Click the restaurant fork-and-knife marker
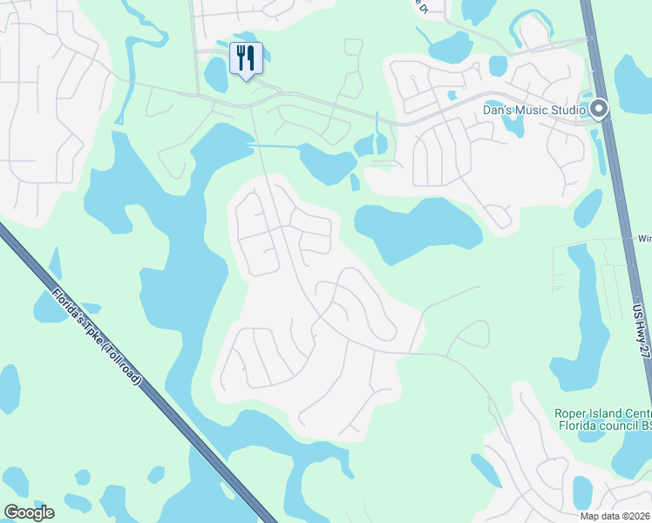click(x=246, y=59)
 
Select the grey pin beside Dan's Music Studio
click(x=599, y=109)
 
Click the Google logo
click(x=29, y=513)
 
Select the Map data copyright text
click(x=615, y=516)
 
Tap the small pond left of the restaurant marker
click(x=215, y=76)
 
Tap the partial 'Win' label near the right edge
click(x=645, y=238)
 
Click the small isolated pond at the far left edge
click(x=9, y=388)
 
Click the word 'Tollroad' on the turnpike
click(x=121, y=363)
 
